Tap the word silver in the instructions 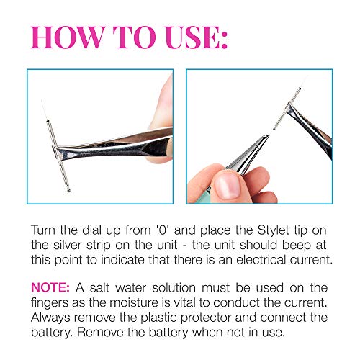click(66, 245)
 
